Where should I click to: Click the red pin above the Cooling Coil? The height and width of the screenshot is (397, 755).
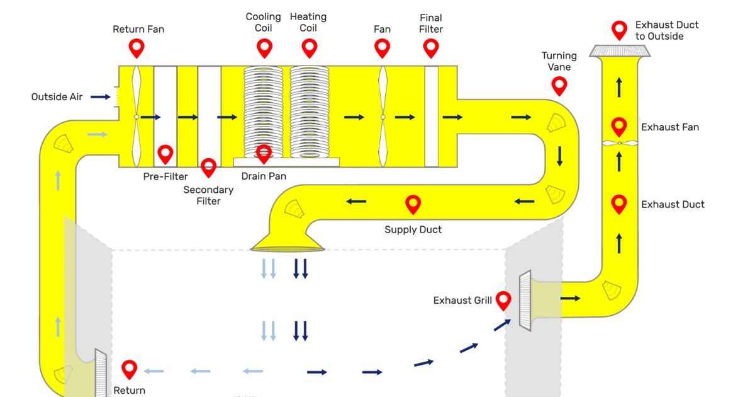coord(264,47)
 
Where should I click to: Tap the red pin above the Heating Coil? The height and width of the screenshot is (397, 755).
coord(309,47)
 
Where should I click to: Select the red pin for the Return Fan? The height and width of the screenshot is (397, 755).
coord(137,47)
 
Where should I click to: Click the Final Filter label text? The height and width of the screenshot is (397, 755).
coord(431,23)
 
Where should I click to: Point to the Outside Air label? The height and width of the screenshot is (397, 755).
coord(57,97)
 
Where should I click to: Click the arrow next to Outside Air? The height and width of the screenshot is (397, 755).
coord(99,97)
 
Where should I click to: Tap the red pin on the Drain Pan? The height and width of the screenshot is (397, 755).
coord(264,153)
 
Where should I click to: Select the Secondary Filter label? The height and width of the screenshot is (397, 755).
coord(208,195)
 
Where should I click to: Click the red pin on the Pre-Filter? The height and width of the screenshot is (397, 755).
coord(165,153)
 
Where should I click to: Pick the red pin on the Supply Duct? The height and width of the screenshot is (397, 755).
coord(413,203)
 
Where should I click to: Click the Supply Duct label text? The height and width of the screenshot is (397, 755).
coord(413,229)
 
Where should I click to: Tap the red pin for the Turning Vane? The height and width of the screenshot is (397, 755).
coord(559,85)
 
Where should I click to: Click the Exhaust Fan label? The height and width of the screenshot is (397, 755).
coord(669,127)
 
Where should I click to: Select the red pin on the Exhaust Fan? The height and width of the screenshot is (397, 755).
coord(619,126)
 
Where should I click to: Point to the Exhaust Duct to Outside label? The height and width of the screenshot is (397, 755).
coord(667,30)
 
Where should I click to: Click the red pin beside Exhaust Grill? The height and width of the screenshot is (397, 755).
coord(503,300)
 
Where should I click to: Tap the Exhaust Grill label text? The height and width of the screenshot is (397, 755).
coord(462,301)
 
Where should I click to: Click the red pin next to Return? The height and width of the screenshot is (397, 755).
coord(130,369)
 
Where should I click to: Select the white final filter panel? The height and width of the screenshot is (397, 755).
coord(431,117)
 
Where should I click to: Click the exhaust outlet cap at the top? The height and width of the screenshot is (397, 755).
coord(620,51)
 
